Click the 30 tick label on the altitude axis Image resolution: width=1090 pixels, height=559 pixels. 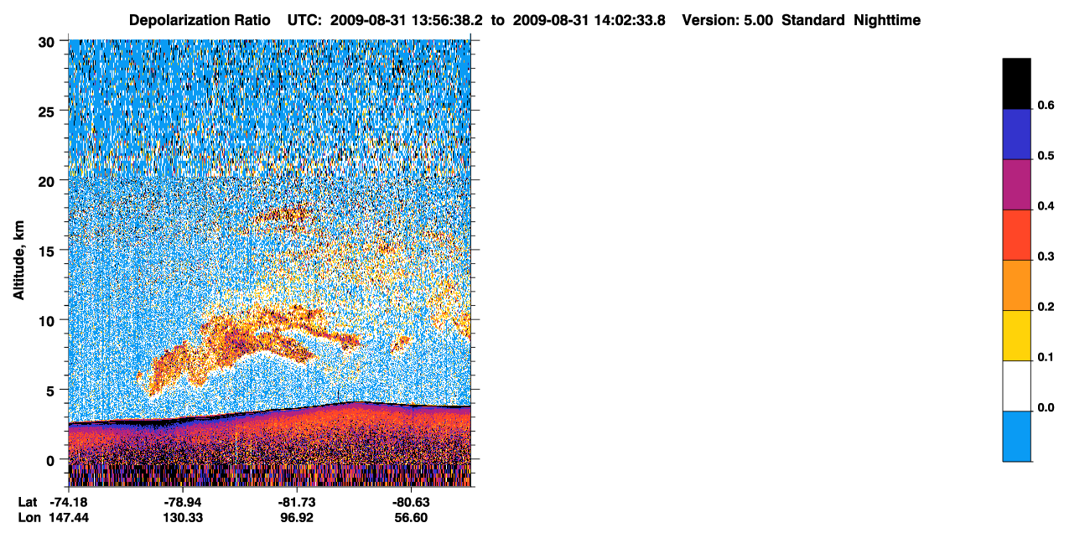coord(46,43)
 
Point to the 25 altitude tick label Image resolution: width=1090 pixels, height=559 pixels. coord(46,112)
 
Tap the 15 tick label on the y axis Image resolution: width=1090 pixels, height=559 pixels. coord(46,252)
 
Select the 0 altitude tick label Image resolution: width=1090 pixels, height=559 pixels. coord(50,461)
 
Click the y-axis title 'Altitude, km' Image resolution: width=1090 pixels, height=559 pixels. coord(18,260)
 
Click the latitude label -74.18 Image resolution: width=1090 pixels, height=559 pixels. coord(69,502)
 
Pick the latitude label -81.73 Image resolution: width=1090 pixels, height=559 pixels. coord(297,502)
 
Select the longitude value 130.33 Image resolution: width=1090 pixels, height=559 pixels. coord(183,518)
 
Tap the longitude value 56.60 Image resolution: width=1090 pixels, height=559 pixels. coord(411,518)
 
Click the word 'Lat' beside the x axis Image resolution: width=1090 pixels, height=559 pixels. coord(27,502)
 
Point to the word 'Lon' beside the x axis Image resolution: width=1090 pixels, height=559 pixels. coord(29,518)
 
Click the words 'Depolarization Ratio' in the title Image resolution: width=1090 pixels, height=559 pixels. coord(200,20)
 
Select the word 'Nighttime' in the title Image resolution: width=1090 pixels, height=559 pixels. coord(887,20)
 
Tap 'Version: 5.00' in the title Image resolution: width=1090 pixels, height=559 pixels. coord(728,20)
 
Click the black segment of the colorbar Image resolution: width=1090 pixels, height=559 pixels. coord(1016,84)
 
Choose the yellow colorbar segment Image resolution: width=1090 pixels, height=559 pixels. coord(1016,336)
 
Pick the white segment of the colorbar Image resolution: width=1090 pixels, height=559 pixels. coord(1016,386)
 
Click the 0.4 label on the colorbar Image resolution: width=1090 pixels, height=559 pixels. coord(1046,206)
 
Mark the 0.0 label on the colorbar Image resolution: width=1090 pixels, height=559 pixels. coord(1046,407)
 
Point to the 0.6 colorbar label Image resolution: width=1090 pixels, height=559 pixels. coord(1046,106)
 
